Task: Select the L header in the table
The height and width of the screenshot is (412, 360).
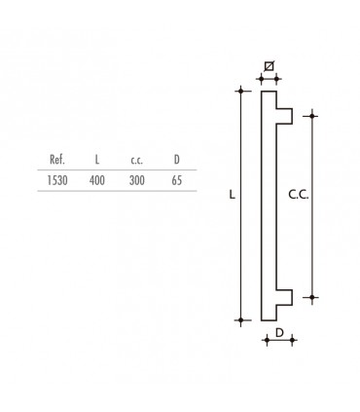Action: tap(96, 160)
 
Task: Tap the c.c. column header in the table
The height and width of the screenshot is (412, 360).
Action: tap(137, 160)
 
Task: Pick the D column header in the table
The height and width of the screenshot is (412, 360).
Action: tap(176, 160)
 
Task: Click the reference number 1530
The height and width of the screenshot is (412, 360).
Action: tap(57, 180)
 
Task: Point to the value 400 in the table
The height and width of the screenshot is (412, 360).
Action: tap(96, 180)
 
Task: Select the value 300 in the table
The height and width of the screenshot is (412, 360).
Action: tap(137, 180)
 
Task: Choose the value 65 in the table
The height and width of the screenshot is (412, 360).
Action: tap(176, 180)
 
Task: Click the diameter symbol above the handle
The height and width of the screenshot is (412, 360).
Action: tap(269, 65)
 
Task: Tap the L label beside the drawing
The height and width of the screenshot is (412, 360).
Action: tap(231, 195)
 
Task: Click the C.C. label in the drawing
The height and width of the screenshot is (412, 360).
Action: tap(298, 195)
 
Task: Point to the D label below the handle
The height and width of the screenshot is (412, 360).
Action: tap(278, 333)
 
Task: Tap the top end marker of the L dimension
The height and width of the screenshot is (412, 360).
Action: tap(240, 92)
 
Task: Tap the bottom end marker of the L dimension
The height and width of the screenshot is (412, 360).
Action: tap(240, 320)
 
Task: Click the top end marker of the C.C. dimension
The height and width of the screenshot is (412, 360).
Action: tap(312, 115)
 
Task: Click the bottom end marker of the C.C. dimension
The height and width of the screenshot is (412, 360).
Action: tap(312, 296)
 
